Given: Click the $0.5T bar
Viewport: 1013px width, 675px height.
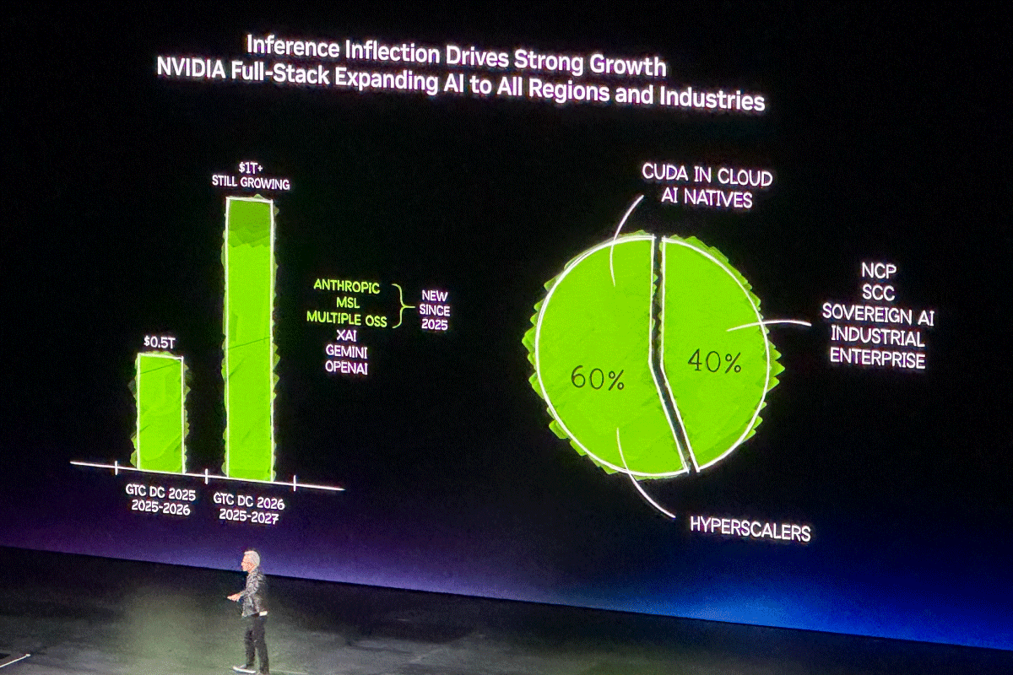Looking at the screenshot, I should [x=160, y=413].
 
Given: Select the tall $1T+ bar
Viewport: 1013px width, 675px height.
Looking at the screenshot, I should [x=249, y=337].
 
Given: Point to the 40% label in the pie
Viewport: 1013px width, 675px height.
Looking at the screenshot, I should [x=714, y=362].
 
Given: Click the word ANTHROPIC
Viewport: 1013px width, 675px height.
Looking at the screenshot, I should [x=347, y=286].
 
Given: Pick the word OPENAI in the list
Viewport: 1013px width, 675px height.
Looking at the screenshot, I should [x=347, y=367].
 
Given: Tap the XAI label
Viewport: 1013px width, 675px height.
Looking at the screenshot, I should [x=347, y=335].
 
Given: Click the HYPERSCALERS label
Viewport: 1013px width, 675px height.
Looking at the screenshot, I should [x=750, y=529].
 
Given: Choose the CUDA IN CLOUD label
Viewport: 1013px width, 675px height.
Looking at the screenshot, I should [x=707, y=176].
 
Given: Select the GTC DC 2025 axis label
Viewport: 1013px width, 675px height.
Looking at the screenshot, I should [x=160, y=494].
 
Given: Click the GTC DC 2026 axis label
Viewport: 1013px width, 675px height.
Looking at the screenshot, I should [x=248, y=503].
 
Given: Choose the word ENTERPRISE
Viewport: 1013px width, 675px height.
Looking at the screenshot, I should [x=876, y=358].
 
